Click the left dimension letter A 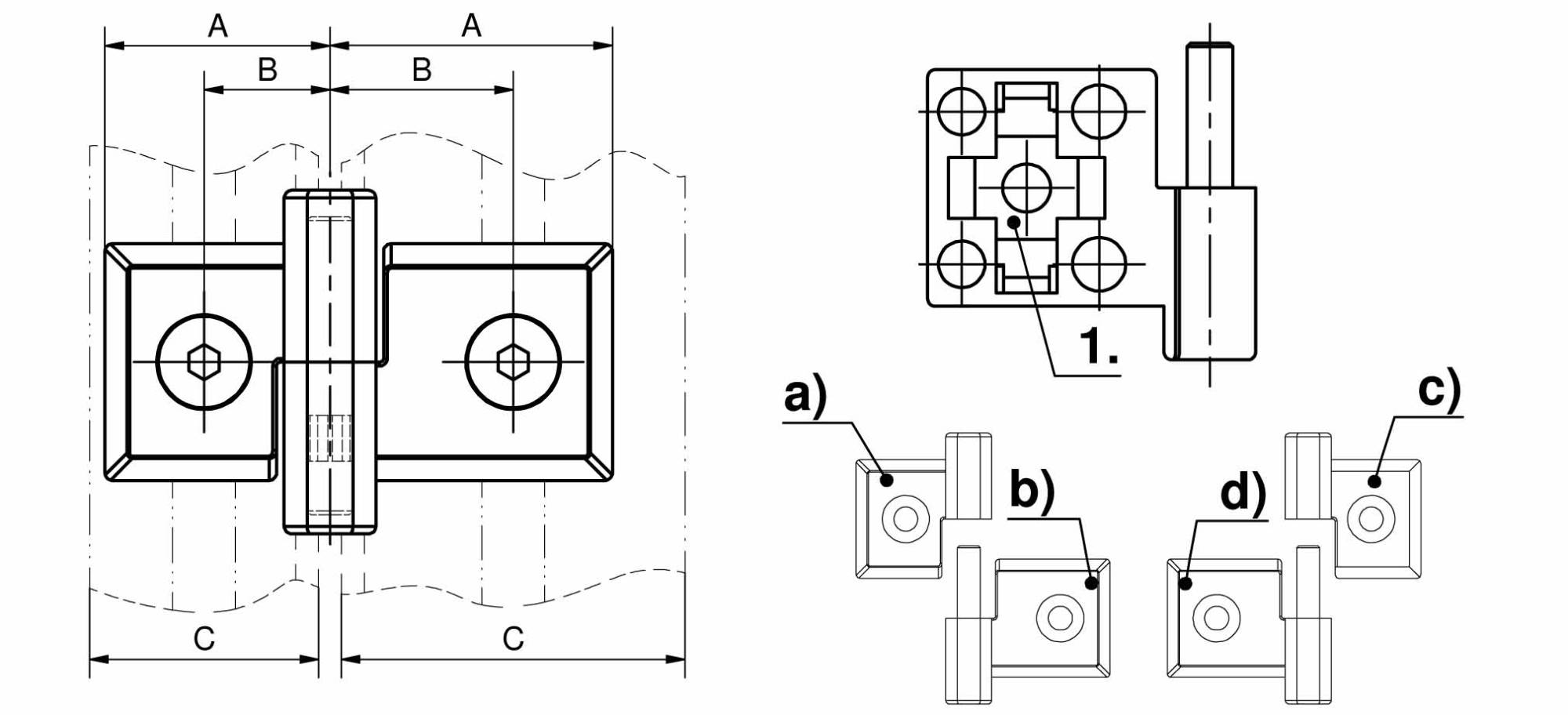pyautogui.click(x=218, y=26)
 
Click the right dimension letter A pyautogui.click(x=471, y=26)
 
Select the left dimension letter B pyautogui.click(x=267, y=70)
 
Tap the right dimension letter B pyautogui.click(x=422, y=70)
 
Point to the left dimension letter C pyautogui.click(x=204, y=639)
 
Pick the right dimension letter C pyautogui.click(x=514, y=639)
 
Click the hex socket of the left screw pyautogui.click(x=204, y=362)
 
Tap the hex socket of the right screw pyautogui.click(x=513, y=362)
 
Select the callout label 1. pyautogui.click(x=1099, y=345)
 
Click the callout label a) pyautogui.click(x=805, y=395)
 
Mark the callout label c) pyautogui.click(x=1440, y=389)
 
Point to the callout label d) pyautogui.click(x=1243, y=493)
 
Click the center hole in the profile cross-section pyautogui.click(x=1026, y=188)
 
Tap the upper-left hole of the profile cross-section pyautogui.click(x=961, y=111)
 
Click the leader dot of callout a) pyautogui.click(x=887, y=480)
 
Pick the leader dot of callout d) pyautogui.click(x=1186, y=583)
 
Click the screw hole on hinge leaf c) pyautogui.click(x=1370, y=518)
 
